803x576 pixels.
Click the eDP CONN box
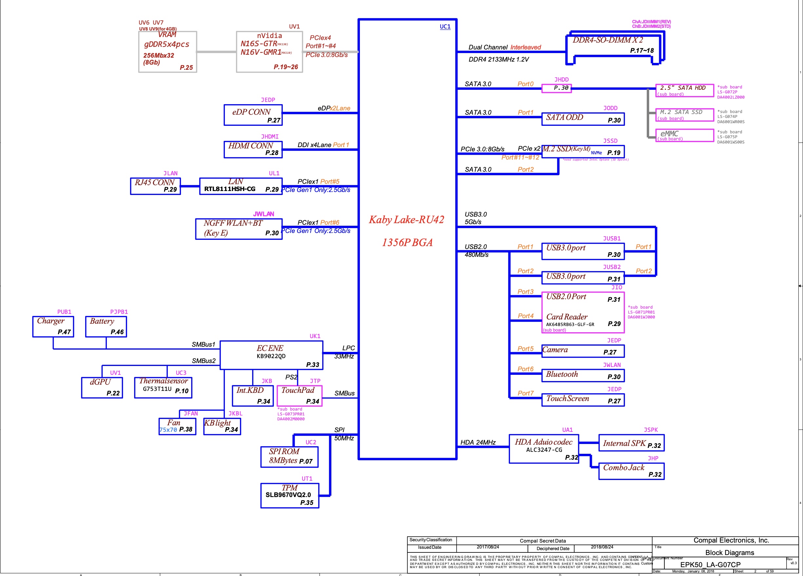click(253, 115)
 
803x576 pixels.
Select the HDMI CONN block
click(253, 149)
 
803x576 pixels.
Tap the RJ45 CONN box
click(155, 186)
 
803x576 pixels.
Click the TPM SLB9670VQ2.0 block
click(290, 496)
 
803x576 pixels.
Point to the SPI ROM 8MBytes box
click(289, 457)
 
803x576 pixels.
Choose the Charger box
click(53, 326)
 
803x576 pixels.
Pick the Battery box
click(106, 326)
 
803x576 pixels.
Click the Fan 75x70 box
click(177, 426)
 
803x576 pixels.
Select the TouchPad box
click(299, 396)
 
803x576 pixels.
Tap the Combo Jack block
click(631, 471)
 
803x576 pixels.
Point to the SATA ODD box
click(583, 119)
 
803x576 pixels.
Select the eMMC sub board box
click(684, 135)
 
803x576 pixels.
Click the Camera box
click(583, 351)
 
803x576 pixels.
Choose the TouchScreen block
click(583, 400)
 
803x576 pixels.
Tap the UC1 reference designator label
click(445, 27)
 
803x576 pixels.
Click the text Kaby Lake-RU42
click(406, 220)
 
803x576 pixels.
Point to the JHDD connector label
click(561, 80)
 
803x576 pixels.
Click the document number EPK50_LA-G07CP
click(710, 565)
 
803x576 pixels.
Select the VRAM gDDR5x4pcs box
click(167, 52)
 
